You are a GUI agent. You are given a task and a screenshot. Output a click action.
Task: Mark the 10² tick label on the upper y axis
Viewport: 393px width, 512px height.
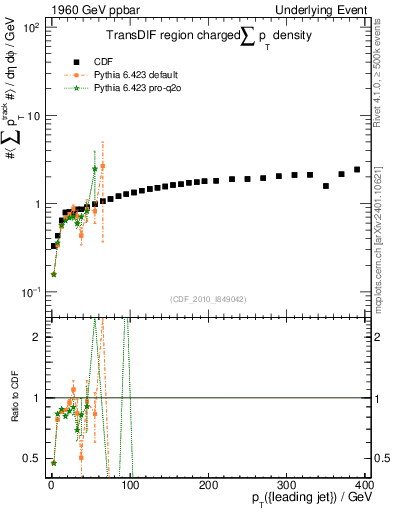[32, 27]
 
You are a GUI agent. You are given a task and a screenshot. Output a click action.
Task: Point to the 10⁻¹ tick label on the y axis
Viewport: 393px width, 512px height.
[32, 292]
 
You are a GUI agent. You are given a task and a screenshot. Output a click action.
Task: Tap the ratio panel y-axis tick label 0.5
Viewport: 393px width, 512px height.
[36, 459]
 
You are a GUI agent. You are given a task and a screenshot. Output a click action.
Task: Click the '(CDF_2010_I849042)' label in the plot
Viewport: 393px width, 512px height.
[208, 298]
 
